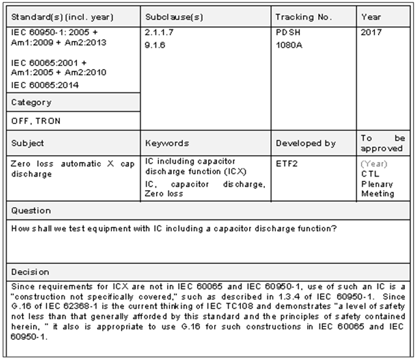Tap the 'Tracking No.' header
(x=303, y=17)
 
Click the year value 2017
(x=371, y=31)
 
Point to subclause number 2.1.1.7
(x=160, y=31)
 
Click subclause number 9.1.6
(x=156, y=44)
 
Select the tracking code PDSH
(x=288, y=31)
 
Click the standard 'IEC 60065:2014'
(x=45, y=85)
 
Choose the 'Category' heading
(x=31, y=103)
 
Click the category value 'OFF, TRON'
(x=36, y=121)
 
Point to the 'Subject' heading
(x=28, y=144)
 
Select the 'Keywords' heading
(x=167, y=144)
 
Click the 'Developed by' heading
(x=306, y=144)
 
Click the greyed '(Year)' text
(x=374, y=164)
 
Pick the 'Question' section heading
(x=32, y=211)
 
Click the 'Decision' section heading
(x=31, y=271)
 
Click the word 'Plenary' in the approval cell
(x=377, y=184)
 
